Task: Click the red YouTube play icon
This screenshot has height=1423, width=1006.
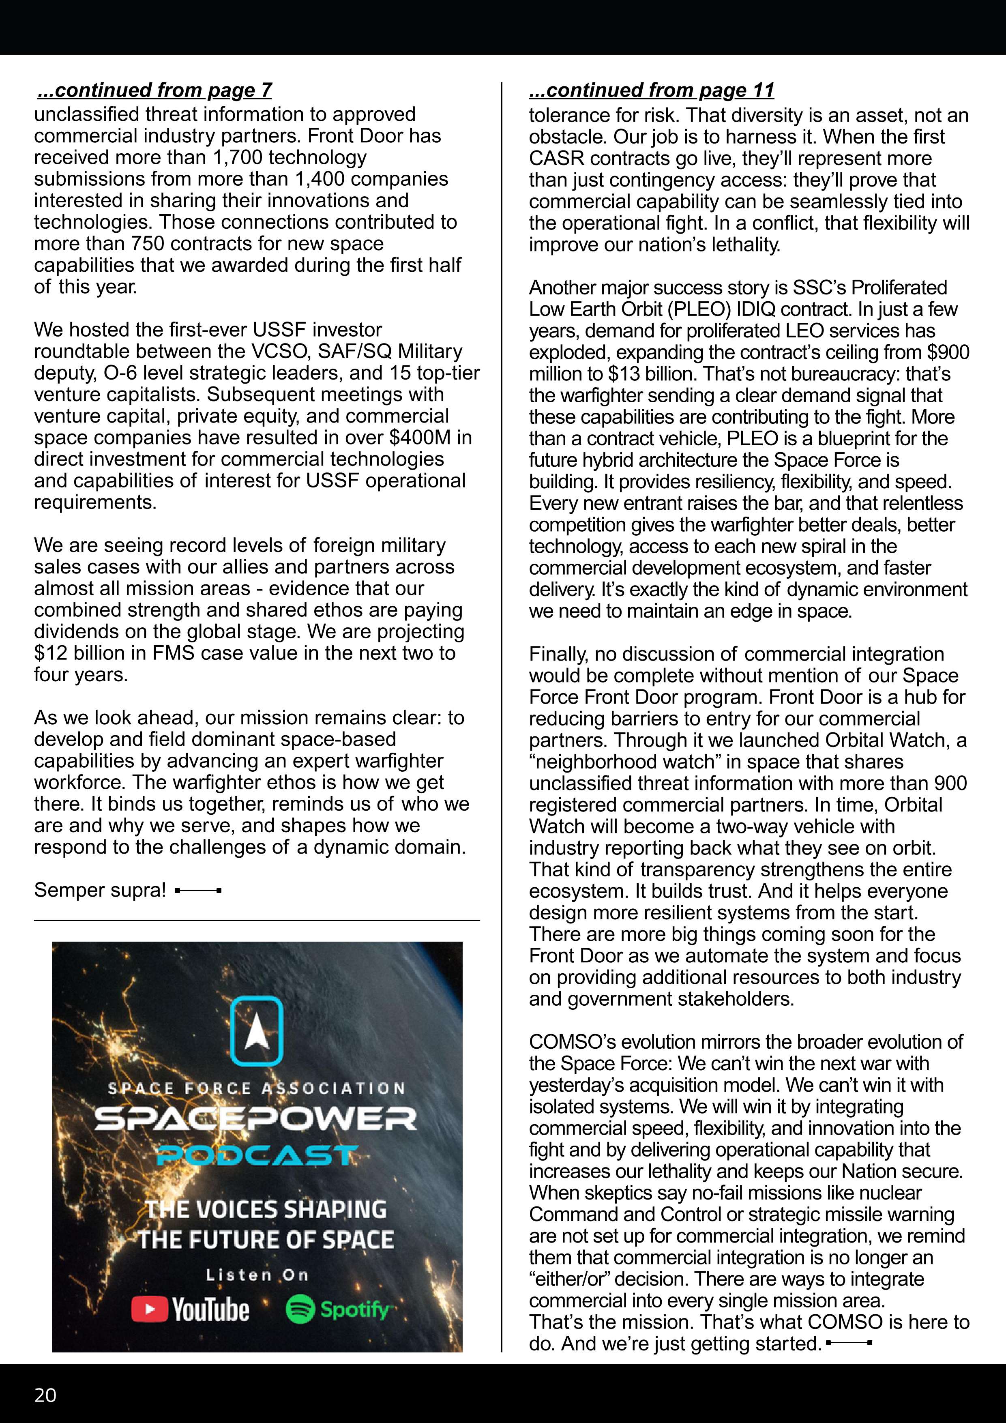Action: point(149,1309)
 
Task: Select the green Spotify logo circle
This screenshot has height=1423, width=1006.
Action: point(300,1309)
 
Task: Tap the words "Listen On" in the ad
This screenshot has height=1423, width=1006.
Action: point(257,1275)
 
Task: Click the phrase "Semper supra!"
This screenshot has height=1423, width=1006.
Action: point(100,890)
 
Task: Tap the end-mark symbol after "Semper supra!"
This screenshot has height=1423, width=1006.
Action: point(198,891)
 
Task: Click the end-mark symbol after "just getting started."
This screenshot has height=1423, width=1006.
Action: point(849,1343)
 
